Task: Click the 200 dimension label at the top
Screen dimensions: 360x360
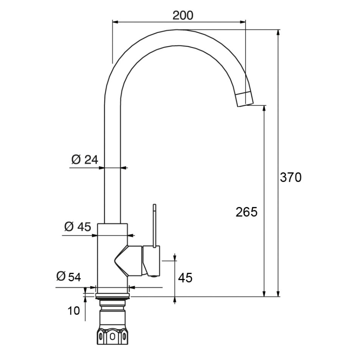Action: click(183, 15)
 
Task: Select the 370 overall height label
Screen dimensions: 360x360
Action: click(291, 177)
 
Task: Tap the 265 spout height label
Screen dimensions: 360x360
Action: click(247, 212)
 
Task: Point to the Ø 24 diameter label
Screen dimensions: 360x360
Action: click(85, 159)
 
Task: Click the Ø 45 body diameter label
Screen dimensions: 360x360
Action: click(78, 227)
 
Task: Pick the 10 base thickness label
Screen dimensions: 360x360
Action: click(74, 311)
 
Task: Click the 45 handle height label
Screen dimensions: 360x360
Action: click(185, 278)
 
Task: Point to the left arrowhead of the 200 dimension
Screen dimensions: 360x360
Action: click(115, 22)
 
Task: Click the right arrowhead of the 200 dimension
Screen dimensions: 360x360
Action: click(243, 22)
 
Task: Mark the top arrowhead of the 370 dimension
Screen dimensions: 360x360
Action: click(279, 32)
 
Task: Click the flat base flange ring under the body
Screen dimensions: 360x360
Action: click(113, 295)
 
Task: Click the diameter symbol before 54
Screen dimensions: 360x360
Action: click(60, 276)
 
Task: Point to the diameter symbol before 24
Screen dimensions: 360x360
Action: click(76, 159)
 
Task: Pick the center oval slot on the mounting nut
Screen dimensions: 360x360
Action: click(112, 337)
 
